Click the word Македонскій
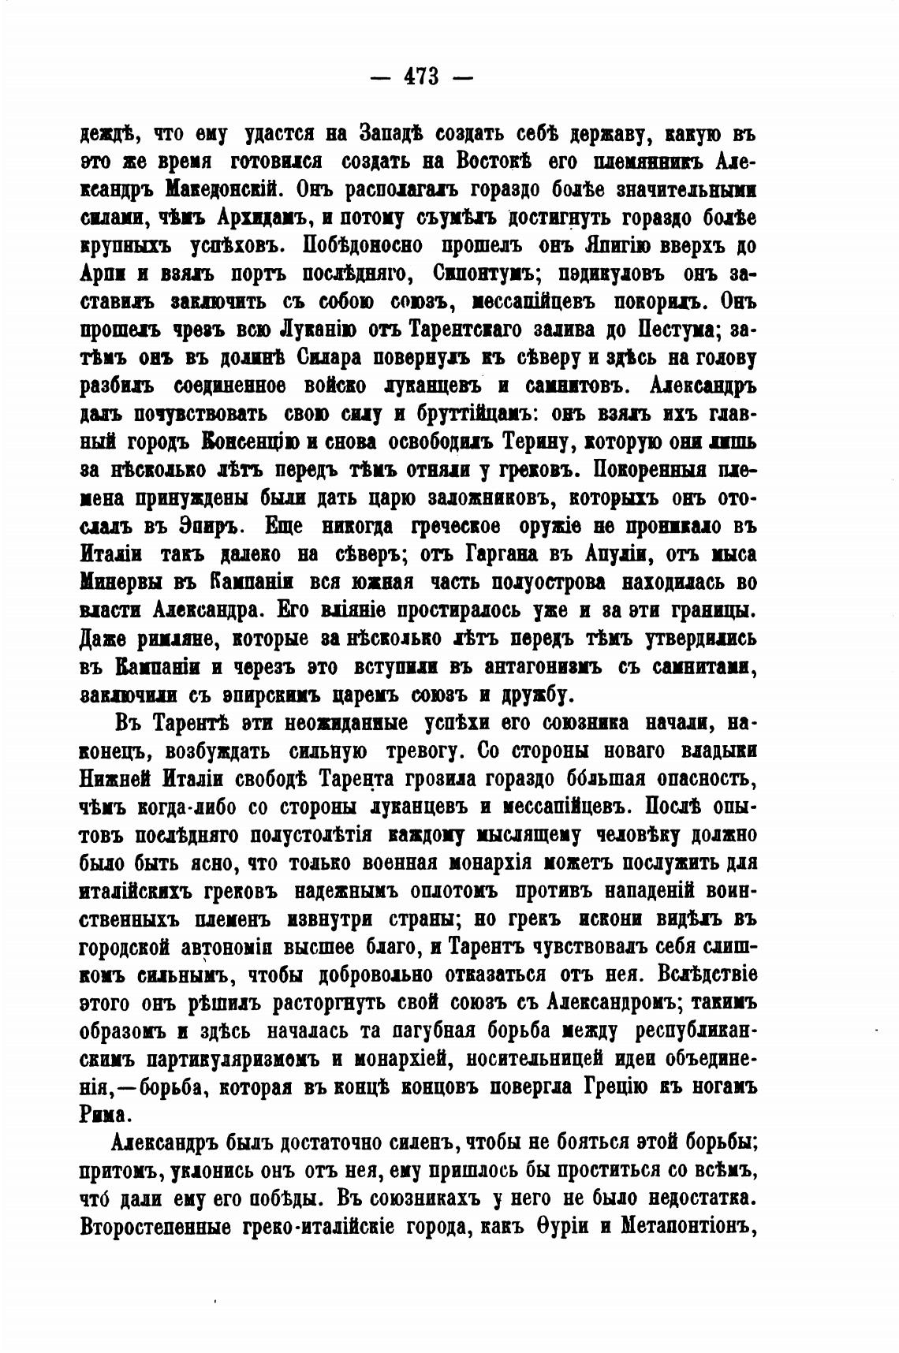[217, 189]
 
